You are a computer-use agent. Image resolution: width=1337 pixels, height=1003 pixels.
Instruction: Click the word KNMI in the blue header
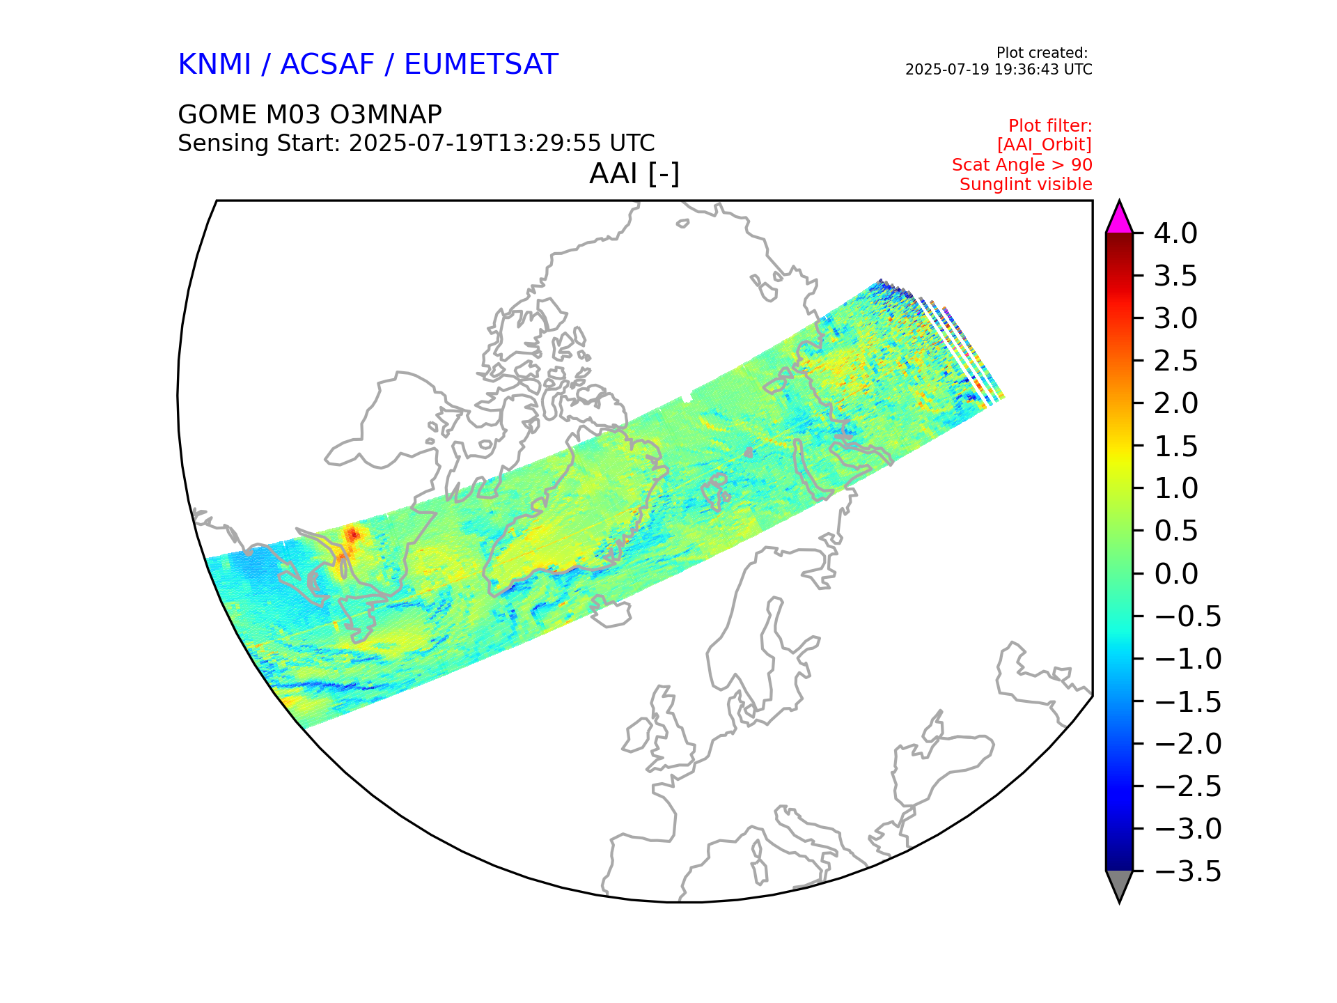pyautogui.click(x=214, y=65)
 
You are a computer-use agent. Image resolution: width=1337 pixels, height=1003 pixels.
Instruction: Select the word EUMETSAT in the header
pyautogui.click(x=480, y=65)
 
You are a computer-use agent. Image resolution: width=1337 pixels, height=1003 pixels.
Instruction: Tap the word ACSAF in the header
pyautogui.click(x=327, y=65)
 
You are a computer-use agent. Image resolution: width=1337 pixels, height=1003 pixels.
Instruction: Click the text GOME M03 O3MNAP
pyautogui.click(x=310, y=115)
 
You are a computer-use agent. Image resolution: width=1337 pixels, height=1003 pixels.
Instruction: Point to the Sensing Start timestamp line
pyautogui.click(x=416, y=143)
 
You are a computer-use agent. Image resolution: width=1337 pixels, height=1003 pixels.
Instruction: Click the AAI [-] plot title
pyautogui.click(x=634, y=173)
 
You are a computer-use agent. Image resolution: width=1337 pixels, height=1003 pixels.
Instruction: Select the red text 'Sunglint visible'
pyautogui.click(x=1025, y=185)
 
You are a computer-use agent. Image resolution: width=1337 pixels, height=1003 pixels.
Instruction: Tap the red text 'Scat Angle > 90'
pyautogui.click(x=1022, y=165)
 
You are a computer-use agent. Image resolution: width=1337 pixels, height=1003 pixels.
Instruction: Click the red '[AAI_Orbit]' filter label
pyautogui.click(x=1044, y=145)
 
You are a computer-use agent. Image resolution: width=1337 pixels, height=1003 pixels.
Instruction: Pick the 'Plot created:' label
pyautogui.click(x=1042, y=53)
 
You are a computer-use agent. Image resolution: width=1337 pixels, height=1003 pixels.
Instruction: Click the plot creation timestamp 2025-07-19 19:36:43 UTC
pyautogui.click(x=998, y=70)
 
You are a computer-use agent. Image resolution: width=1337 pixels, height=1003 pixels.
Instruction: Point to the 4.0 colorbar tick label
pyautogui.click(x=1175, y=233)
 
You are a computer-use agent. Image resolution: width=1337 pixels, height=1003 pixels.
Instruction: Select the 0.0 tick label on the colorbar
pyautogui.click(x=1175, y=574)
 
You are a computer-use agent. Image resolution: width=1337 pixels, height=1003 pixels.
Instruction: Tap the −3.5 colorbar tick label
pyautogui.click(x=1187, y=871)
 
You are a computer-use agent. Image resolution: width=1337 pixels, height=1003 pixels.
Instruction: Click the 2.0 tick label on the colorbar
pyautogui.click(x=1175, y=403)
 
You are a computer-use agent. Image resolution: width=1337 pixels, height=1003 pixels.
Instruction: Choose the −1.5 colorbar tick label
pyautogui.click(x=1187, y=701)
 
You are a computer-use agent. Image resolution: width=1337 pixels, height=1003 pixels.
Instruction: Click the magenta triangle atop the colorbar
pyautogui.click(x=1119, y=219)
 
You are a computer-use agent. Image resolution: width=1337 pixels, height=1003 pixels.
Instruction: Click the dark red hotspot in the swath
pyautogui.click(x=354, y=534)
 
